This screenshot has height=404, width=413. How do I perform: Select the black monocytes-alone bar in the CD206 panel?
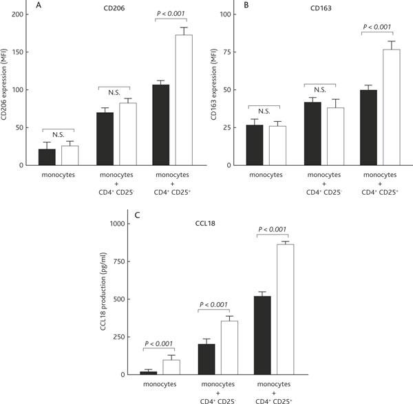click(x=47, y=157)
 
